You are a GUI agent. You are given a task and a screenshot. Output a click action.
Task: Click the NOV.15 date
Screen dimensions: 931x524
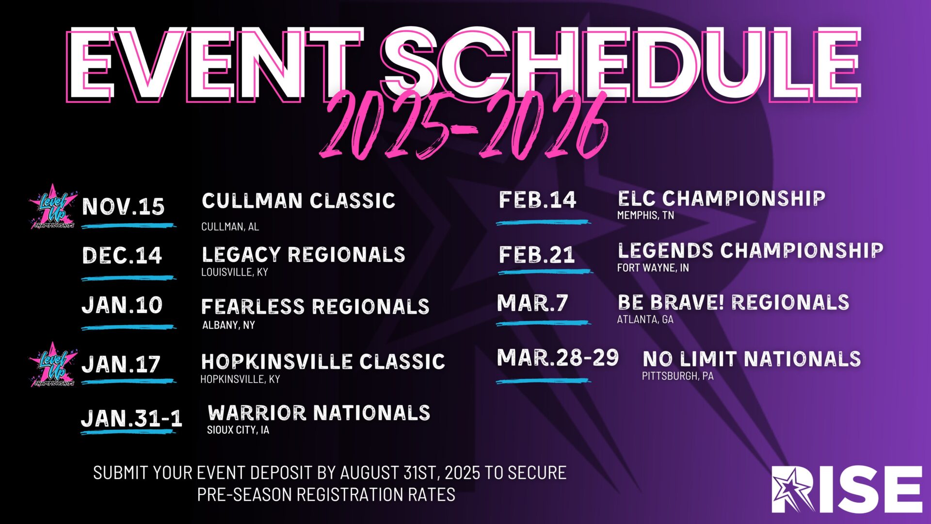point(123,207)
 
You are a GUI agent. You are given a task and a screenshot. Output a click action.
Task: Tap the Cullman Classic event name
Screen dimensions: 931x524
point(298,201)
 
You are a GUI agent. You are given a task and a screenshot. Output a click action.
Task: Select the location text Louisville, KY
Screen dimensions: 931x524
point(235,272)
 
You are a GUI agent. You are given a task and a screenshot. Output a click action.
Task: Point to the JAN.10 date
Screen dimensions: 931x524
point(122,305)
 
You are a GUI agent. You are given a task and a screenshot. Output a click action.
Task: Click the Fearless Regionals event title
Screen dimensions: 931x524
point(315,307)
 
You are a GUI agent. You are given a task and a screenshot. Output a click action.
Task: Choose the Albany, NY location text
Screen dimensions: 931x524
point(228,325)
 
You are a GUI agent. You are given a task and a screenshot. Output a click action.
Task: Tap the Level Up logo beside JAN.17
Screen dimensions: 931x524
point(53,365)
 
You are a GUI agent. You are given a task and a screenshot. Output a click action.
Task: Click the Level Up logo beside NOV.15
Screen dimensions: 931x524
point(53,207)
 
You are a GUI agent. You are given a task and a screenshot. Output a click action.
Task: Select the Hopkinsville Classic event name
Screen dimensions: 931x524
point(323,361)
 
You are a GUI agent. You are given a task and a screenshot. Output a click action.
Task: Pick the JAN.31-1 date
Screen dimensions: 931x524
point(131,418)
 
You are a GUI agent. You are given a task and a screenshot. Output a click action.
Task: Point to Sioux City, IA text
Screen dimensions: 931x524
point(238,430)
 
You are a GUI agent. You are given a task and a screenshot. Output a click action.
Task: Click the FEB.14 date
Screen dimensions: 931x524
point(537,200)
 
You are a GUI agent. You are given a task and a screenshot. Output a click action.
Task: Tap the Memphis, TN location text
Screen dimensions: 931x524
point(645,215)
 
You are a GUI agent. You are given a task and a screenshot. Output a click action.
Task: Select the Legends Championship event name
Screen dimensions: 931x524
point(750,250)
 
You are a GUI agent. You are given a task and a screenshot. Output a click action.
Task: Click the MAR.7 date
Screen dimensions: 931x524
point(532,303)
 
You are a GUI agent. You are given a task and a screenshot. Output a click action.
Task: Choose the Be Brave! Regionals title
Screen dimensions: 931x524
point(733,302)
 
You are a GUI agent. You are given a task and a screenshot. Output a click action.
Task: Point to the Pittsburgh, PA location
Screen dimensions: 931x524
point(678,376)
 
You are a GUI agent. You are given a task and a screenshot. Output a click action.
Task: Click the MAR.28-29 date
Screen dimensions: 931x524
point(558,358)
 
